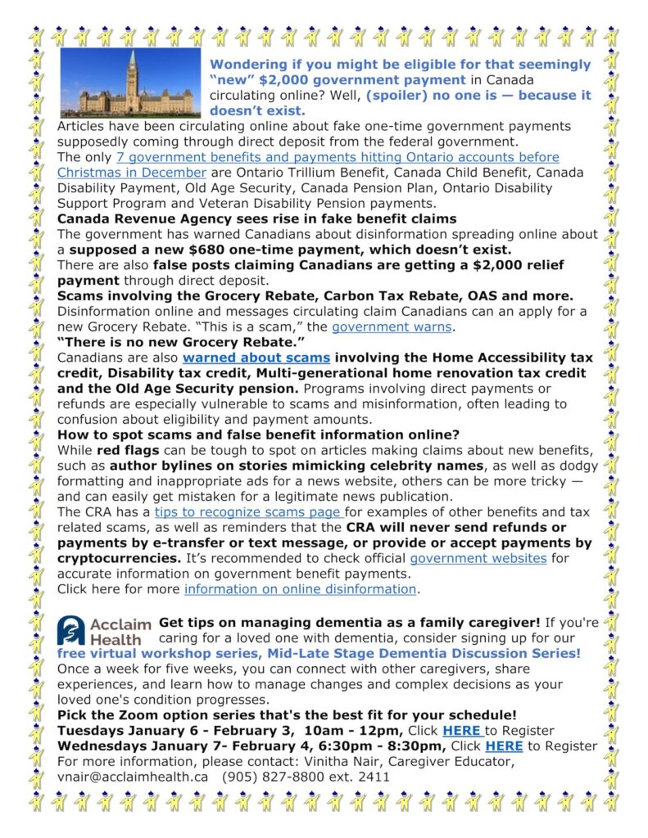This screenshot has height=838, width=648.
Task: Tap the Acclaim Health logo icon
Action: (x=70, y=631)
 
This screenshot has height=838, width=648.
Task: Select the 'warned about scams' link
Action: (x=256, y=358)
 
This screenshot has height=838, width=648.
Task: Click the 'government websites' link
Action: (x=478, y=559)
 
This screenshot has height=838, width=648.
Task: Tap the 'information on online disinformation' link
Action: (x=301, y=589)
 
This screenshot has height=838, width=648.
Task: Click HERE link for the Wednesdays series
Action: (x=504, y=746)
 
